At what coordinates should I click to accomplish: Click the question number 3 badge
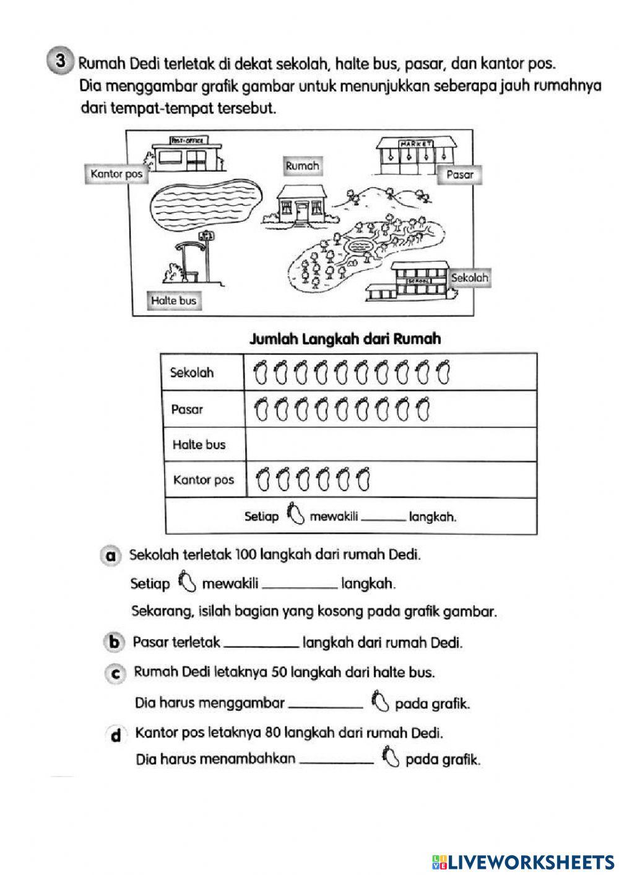[60, 61]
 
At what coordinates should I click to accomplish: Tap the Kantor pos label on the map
[116, 174]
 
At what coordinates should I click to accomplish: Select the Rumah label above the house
[302, 166]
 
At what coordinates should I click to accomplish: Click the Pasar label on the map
[459, 175]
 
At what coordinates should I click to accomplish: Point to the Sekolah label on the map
[470, 277]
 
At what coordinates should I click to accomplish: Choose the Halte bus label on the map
[173, 301]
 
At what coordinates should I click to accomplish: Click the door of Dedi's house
[301, 211]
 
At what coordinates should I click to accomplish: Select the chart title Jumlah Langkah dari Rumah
[345, 339]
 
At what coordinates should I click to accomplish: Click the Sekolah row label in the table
[192, 373]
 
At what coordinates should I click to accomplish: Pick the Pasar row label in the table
[187, 409]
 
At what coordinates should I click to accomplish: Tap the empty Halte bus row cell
[390, 445]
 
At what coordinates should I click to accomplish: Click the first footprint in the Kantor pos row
[262, 479]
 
